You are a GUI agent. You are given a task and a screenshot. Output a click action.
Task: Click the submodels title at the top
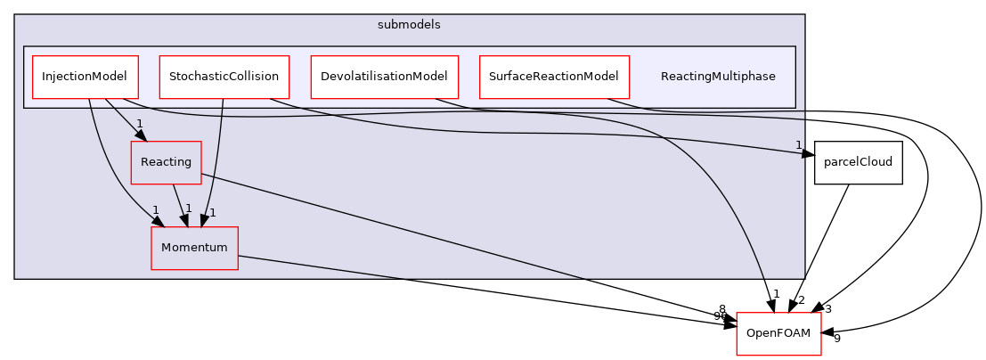point(409,25)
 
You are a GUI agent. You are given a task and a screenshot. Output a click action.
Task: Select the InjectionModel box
point(85,77)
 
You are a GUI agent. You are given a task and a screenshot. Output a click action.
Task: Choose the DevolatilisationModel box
point(384,77)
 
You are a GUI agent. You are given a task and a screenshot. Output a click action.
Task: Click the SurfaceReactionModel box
point(553,77)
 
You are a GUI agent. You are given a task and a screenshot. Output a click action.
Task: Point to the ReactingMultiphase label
point(717,77)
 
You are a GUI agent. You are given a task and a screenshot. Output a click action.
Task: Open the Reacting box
point(166,162)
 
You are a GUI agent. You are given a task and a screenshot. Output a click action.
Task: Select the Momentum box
point(194,248)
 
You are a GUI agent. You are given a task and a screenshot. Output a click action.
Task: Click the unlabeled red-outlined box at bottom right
point(778,334)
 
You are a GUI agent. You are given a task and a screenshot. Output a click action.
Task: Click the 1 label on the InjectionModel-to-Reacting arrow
point(140,124)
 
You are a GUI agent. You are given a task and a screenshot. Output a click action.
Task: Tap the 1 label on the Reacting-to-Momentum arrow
point(188,209)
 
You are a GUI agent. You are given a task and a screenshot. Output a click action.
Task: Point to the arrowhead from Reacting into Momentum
point(184,220)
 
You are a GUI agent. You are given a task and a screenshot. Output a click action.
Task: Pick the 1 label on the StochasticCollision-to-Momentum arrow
point(212,212)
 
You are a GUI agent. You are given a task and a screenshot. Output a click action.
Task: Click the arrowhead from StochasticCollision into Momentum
point(205,220)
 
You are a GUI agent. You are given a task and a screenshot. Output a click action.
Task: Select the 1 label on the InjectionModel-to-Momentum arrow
point(155,210)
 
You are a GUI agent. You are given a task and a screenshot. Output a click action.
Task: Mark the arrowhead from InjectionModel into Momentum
point(159,221)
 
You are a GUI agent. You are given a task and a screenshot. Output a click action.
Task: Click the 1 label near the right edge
point(798,144)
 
